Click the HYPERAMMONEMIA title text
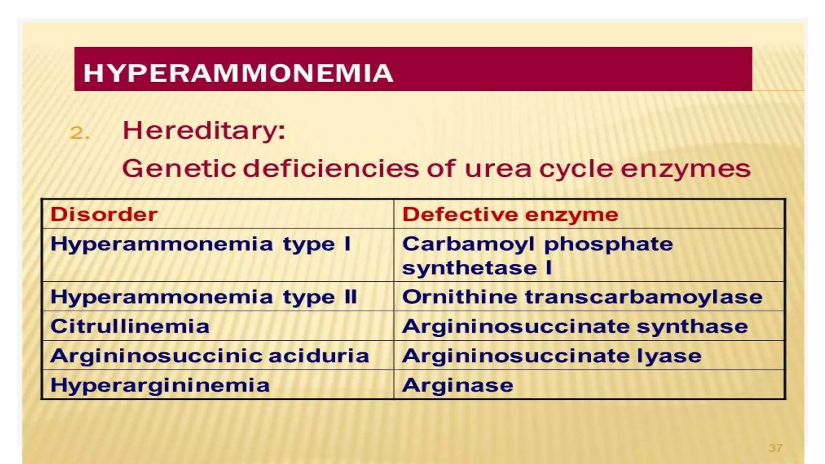coord(238,73)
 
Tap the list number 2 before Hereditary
coord(79,133)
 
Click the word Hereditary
coord(203,130)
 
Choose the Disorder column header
coord(104,214)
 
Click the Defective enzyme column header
coord(510,214)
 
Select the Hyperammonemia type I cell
coord(200,244)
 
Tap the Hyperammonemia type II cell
coord(203,297)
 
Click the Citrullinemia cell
coord(130,326)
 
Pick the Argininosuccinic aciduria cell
coord(209,356)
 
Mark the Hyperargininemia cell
coord(160,385)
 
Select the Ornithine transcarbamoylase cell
coord(582,297)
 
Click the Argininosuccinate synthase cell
coord(575,327)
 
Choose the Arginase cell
coord(458,385)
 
